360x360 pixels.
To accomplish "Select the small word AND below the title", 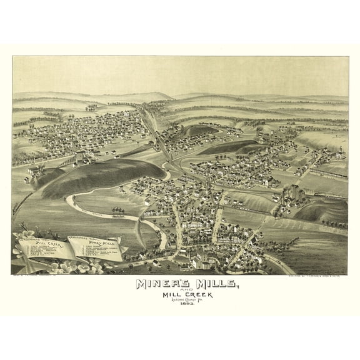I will (x=180, y=292).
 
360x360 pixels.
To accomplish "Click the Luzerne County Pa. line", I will (x=180, y=304).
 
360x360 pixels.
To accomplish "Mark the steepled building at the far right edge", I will (x=341, y=153).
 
